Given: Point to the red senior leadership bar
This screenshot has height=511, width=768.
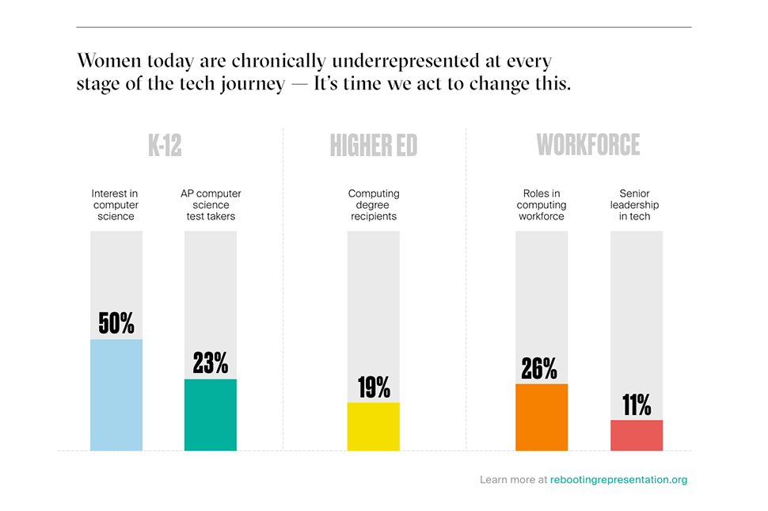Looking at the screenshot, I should [x=636, y=435].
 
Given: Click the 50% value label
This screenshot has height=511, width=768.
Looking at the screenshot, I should [x=116, y=323].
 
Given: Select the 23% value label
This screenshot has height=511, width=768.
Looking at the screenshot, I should [x=211, y=363].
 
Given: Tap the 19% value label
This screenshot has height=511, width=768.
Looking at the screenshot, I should [x=373, y=387].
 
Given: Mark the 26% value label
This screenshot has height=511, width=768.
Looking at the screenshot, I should [x=540, y=368].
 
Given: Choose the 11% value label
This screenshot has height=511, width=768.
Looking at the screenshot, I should [x=636, y=406].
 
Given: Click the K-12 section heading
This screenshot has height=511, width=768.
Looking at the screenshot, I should [x=165, y=146].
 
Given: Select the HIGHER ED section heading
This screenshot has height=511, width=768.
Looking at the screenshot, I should [x=374, y=146].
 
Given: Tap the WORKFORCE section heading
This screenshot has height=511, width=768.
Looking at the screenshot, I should [x=588, y=146].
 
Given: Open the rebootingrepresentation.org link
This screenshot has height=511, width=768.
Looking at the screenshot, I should [x=618, y=479].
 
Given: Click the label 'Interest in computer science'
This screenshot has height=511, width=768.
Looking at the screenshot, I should [x=116, y=204].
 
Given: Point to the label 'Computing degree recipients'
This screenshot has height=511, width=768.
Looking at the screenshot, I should [x=374, y=204].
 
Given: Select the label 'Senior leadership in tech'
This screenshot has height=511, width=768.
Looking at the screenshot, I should [x=635, y=204].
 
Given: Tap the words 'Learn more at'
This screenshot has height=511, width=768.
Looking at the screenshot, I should [x=513, y=479].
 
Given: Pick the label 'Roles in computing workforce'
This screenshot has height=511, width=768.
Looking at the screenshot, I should [x=542, y=204].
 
